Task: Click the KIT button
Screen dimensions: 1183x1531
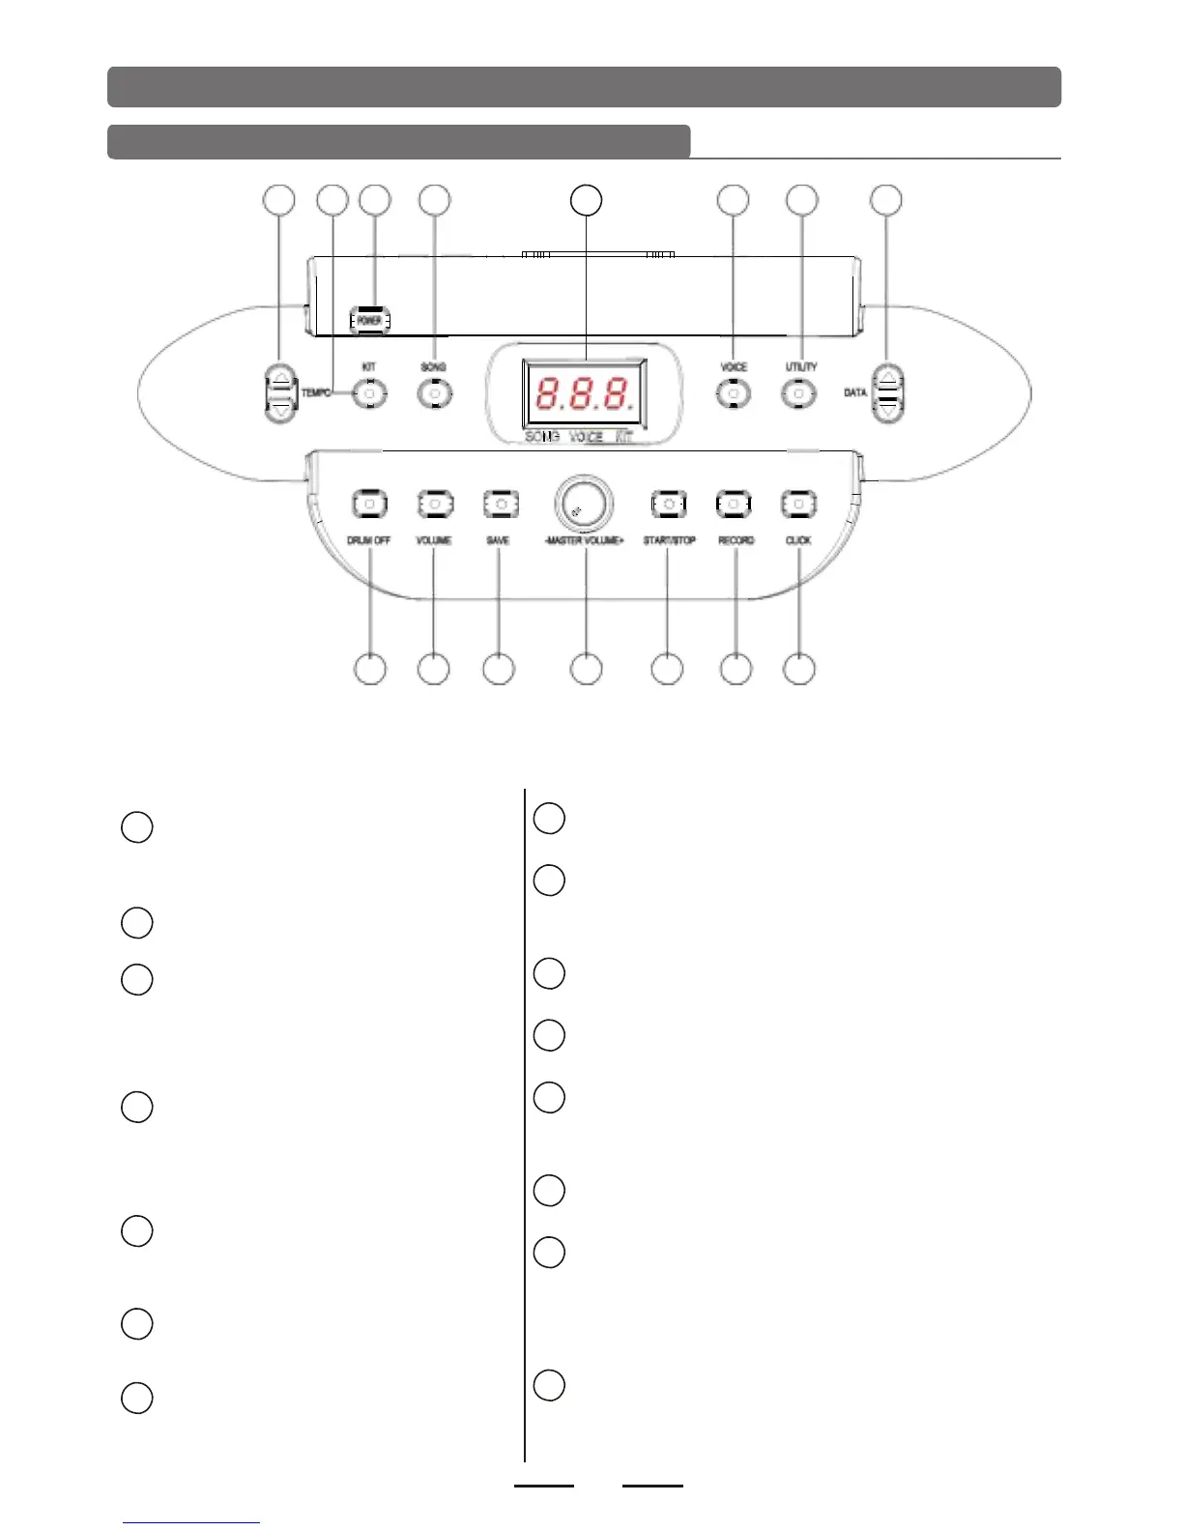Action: [369, 393]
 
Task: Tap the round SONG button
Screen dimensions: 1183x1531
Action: [434, 393]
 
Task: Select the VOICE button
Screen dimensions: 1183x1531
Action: [734, 393]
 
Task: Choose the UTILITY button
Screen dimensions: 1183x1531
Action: [798, 393]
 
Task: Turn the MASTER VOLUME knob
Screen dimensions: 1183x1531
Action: [584, 504]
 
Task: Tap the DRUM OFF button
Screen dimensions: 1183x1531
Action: [369, 504]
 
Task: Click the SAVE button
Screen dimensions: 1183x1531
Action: [500, 504]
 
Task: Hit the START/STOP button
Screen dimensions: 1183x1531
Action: [668, 504]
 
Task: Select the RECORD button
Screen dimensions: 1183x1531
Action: [734, 504]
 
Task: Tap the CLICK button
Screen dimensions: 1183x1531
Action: [798, 504]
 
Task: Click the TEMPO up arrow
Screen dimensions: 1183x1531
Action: [280, 380]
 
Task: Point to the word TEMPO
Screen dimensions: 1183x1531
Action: [316, 393]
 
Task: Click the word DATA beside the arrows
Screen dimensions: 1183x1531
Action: [855, 393]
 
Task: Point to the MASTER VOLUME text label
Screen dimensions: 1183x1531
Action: [584, 540]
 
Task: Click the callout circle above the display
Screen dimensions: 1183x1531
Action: [586, 200]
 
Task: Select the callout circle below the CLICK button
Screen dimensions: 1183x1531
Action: [798, 669]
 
